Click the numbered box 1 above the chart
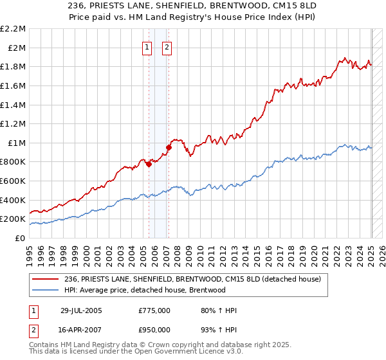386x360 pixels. point(147,47)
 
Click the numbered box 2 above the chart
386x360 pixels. point(167,47)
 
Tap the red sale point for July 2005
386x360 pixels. point(149,164)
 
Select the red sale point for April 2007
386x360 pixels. point(169,147)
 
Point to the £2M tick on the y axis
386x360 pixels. point(16,48)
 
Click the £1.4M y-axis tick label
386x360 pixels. point(14,105)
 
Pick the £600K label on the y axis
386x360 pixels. point(14,181)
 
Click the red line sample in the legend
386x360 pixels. point(46,279)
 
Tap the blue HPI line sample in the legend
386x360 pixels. point(46,290)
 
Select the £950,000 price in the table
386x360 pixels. point(154,330)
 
